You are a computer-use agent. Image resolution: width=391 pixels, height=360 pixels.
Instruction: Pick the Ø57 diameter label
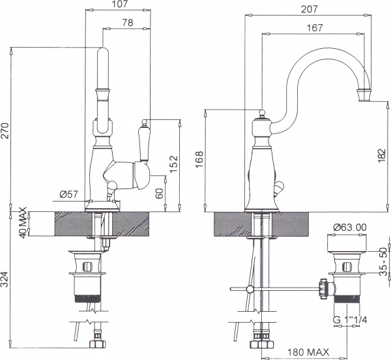(x=69, y=194)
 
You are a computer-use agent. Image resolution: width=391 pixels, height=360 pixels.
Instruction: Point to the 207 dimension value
(x=309, y=9)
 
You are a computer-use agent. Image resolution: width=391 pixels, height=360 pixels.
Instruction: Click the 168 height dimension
(x=199, y=159)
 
